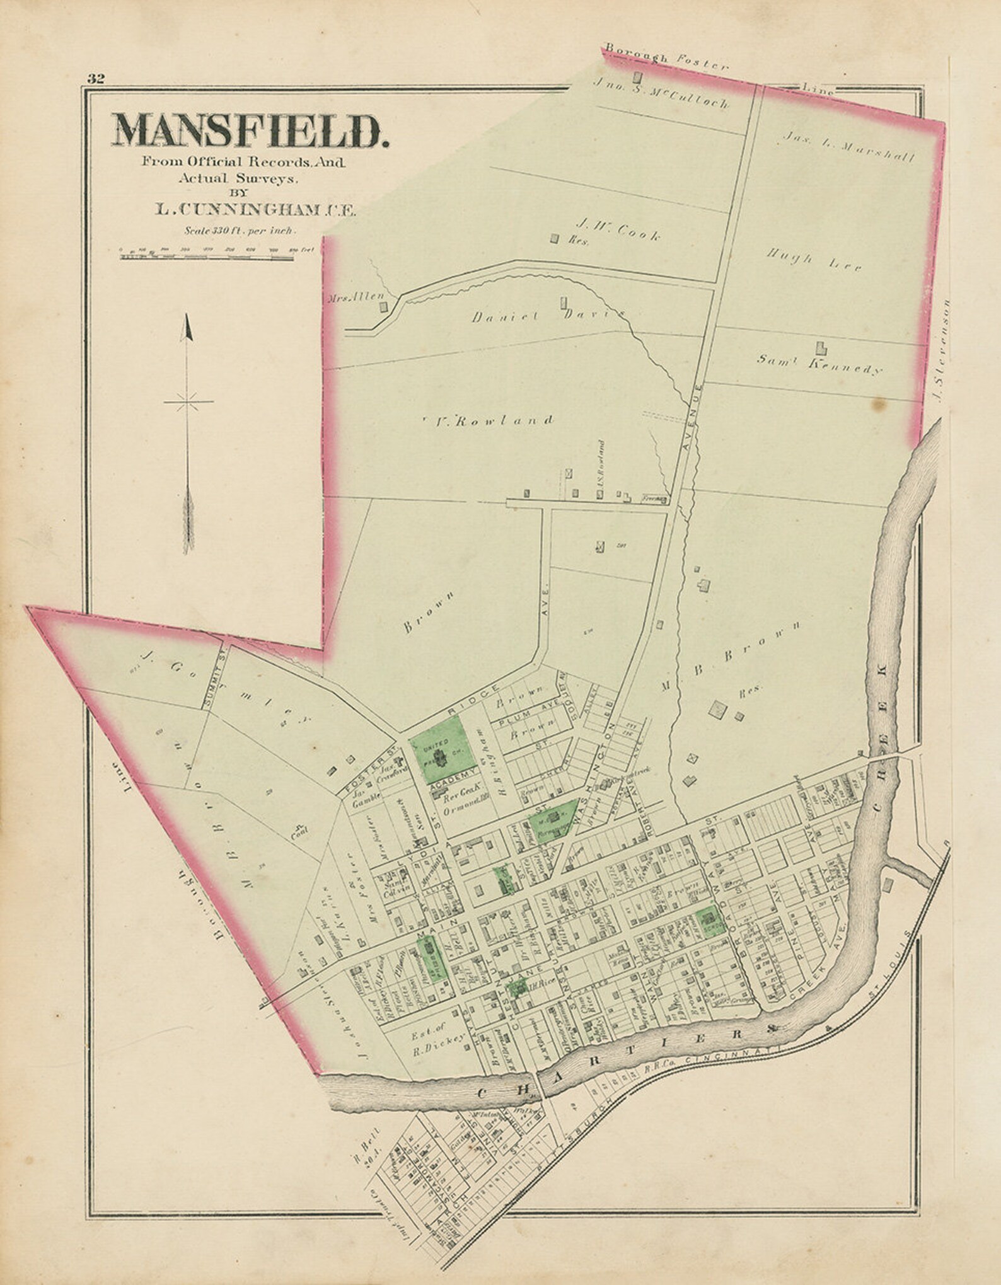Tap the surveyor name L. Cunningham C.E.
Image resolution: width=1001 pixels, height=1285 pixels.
click(255, 209)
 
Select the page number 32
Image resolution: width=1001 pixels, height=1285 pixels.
click(96, 78)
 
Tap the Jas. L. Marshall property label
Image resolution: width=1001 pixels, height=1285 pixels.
click(848, 147)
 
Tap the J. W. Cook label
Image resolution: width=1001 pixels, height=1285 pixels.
click(617, 235)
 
